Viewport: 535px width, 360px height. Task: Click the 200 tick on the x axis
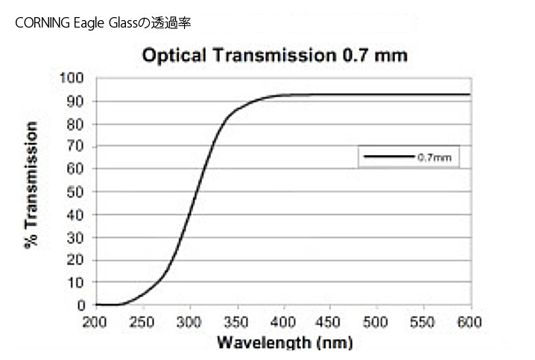click(95, 321)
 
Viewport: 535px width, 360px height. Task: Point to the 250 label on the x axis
click(142, 321)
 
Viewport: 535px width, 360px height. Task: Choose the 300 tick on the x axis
click(189, 321)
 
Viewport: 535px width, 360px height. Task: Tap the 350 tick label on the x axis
click(236, 321)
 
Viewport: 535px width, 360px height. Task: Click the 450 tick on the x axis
click(330, 321)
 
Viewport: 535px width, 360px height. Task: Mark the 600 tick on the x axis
click(470, 321)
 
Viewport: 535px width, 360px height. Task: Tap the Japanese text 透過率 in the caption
click(174, 23)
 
